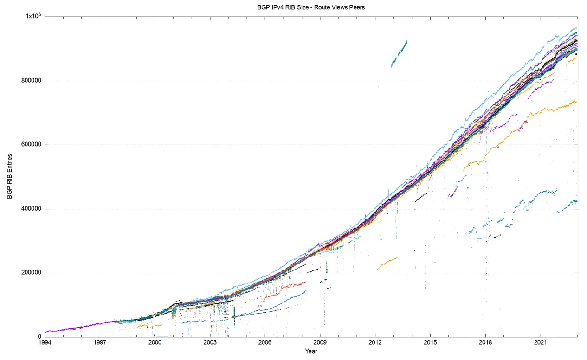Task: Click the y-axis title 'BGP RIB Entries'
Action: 10,176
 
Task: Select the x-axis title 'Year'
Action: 311,351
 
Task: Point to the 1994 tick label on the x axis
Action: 45,343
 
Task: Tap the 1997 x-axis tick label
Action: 100,343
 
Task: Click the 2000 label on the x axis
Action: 155,343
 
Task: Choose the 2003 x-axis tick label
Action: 210,343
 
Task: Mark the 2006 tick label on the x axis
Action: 265,343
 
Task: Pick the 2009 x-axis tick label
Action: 320,343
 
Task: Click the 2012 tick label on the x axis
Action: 375,343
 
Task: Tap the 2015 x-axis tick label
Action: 430,343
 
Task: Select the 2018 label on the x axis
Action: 485,343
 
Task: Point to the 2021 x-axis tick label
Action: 541,343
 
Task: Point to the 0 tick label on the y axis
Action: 39,337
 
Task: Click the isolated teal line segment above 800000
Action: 399,54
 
